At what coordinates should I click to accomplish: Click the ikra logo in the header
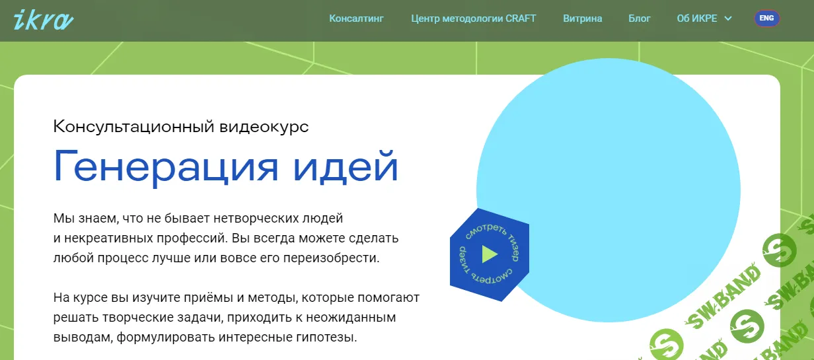tap(43, 20)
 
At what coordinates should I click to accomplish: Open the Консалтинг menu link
tap(356, 18)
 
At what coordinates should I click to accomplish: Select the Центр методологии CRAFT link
tap(473, 18)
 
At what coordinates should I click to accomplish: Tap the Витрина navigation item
tap(582, 18)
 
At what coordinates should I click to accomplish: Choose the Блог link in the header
tap(639, 18)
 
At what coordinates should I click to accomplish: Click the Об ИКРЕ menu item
tap(697, 18)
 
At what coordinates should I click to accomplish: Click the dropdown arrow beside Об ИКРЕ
tap(728, 18)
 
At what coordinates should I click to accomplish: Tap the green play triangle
tap(489, 254)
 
